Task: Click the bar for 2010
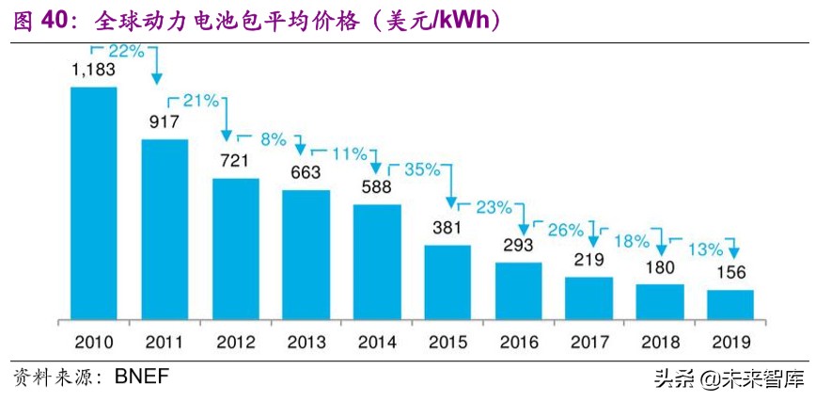(94, 203)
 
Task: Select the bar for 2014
(377, 262)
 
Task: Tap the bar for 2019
(730, 305)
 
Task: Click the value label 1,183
(93, 71)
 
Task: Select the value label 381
(447, 229)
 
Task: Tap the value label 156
(730, 274)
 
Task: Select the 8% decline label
(273, 139)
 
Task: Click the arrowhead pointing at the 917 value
(156, 78)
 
